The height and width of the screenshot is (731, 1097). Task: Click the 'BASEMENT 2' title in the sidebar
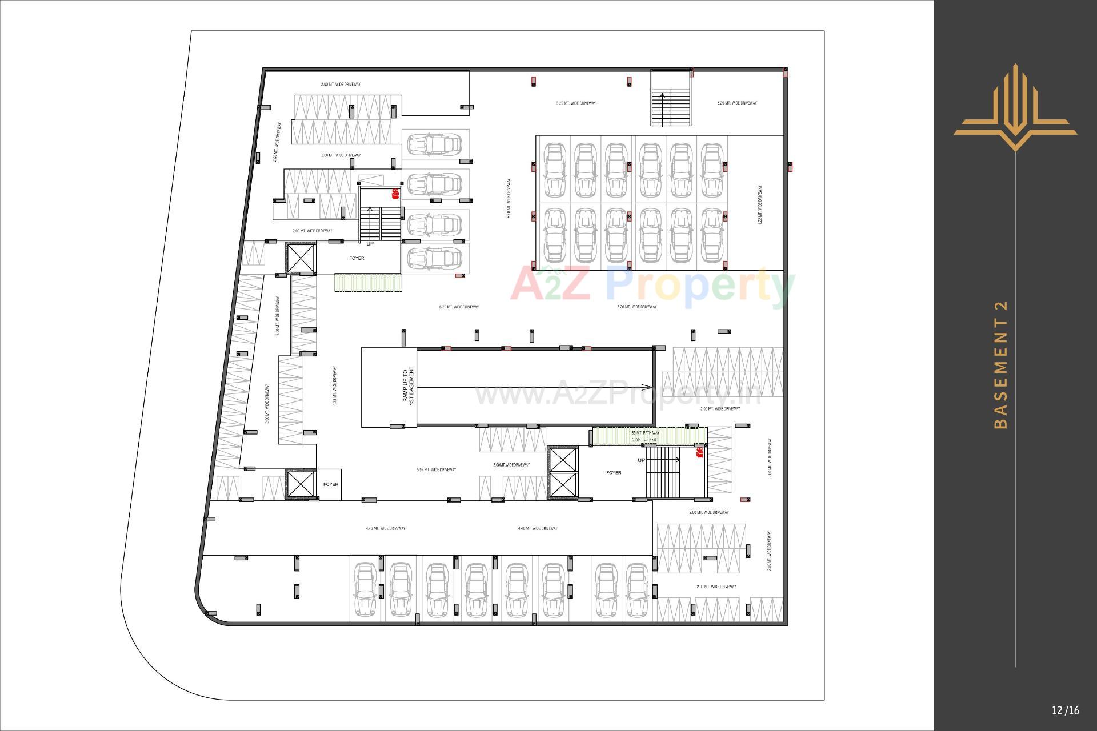pyautogui.click(x=1000, y=364)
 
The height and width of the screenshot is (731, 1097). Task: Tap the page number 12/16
pyautogui.click(x=1066, y=710)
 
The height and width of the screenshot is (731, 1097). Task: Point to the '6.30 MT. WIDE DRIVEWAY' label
pyautogui.click(x=459, y=307)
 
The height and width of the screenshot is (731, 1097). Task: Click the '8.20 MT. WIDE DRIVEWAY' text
pyautogui.click(x=636, y=307)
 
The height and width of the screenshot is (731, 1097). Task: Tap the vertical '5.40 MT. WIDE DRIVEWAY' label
pyautogui.click(x=509, y=199)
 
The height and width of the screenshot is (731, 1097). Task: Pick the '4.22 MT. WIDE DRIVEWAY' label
pyautogui.click(x=760, y=204)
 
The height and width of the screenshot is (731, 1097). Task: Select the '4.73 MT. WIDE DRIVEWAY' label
pyautogui.click(x=335, y=386)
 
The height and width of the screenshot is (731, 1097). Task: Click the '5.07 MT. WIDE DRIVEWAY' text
pyautogui.click(x=436, y=470)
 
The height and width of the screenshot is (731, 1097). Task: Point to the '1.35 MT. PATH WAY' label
pyautogui.click(x=644, y=433)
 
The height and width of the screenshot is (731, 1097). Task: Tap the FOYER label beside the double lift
pyautogui.click(x=614, y=473)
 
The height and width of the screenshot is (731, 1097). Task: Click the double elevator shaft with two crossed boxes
pyautogui.click(x=563, y=472)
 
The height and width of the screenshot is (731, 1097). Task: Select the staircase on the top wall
pyautogui.click(x=671, y=99)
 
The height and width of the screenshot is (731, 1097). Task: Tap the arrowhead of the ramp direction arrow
pyautogui.click(x=649, y=387)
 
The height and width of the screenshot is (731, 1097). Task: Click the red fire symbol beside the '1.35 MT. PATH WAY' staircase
pyautogui.click(x=699, y=453)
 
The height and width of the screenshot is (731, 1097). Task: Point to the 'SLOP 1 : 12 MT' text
pyautogui.click(x=644, y=440)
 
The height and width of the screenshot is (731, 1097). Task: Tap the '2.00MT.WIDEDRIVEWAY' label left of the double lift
pyautogui.click(x=511, y=465)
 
